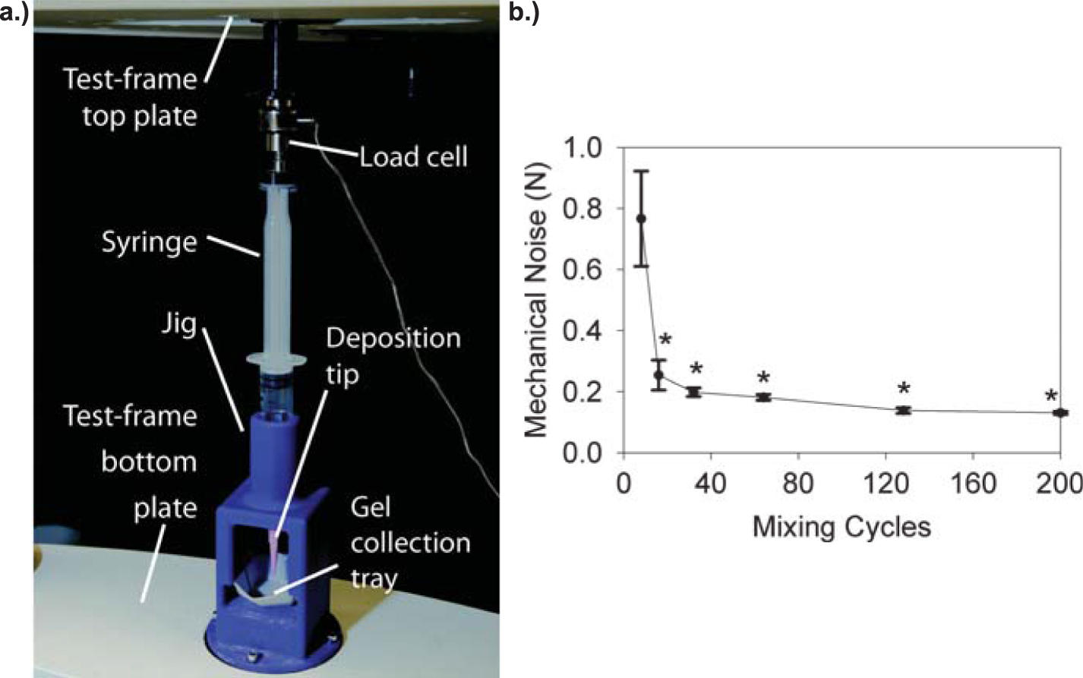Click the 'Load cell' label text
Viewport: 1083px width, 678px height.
413,156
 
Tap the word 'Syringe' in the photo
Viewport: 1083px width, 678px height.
150,242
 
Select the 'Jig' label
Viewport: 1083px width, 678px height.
179,325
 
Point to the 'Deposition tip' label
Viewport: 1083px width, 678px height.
393,355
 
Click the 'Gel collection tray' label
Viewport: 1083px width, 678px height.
410,542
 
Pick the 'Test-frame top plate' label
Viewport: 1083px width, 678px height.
130,97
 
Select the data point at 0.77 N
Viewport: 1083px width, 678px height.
641,219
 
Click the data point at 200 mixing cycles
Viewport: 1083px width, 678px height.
1059,412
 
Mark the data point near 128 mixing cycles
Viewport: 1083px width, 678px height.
903,410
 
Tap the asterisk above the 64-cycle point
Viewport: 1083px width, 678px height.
764,378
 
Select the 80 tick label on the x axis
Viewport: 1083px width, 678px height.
797,484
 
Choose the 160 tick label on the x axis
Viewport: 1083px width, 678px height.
973,484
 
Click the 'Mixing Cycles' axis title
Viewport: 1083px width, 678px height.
841,526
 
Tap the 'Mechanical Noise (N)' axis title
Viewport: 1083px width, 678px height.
536,300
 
